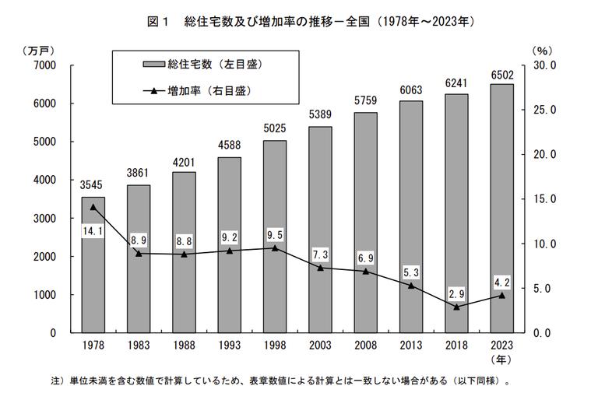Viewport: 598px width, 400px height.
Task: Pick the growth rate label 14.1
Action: [93, 232]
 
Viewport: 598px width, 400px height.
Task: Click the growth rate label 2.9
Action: [456, 293]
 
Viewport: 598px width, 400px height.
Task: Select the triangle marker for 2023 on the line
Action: [501, 295]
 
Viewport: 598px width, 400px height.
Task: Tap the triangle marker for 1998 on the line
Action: [274, 247]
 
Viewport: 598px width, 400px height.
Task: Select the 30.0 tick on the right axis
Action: [542, 65]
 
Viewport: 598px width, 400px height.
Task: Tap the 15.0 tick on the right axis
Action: [542, 199]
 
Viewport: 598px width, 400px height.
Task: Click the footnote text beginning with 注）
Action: [280, 382]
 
